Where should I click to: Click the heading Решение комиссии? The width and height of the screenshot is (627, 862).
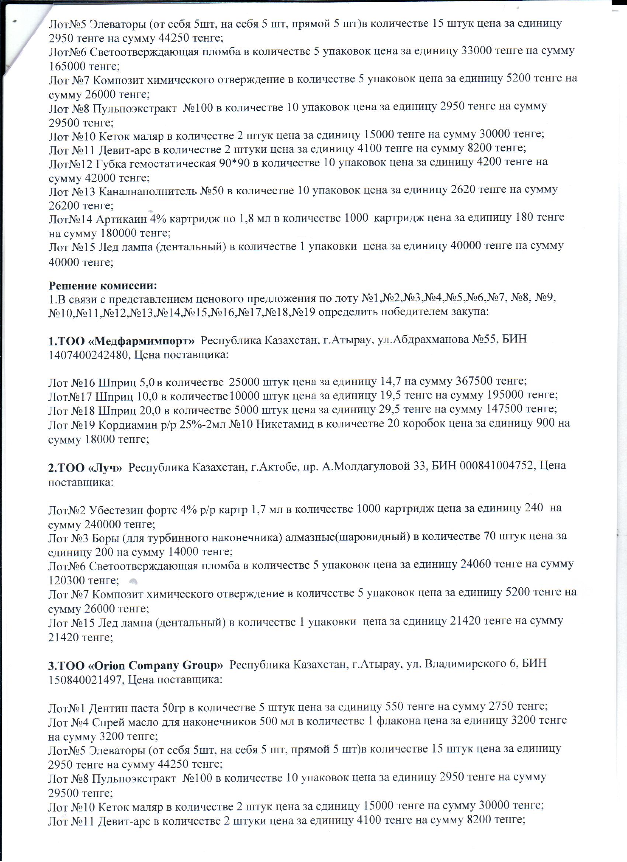click(x=103, y=285)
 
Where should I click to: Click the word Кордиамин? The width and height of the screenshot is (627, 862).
click(x=125, y=423)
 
